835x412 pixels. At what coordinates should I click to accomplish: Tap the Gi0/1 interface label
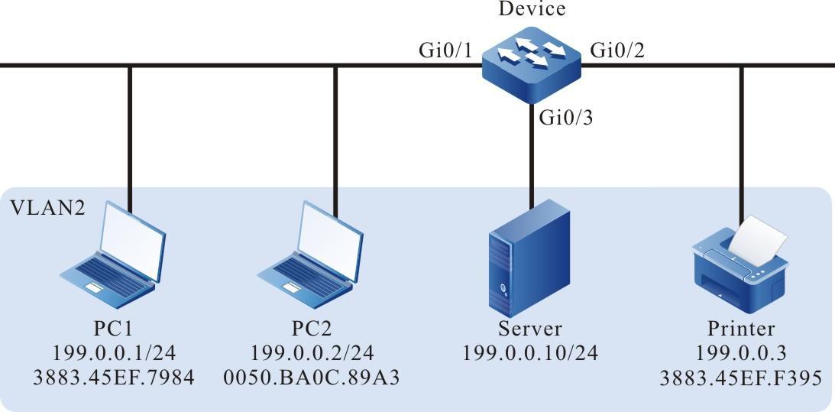(445, 52)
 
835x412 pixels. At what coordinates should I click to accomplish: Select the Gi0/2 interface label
(617, 52)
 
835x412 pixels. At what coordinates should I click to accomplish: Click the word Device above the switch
(532, 10)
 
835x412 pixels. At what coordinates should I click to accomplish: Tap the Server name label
(529, 329)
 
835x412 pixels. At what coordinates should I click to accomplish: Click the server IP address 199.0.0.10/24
(529, 353)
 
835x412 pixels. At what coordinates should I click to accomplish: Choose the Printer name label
(740, 329)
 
